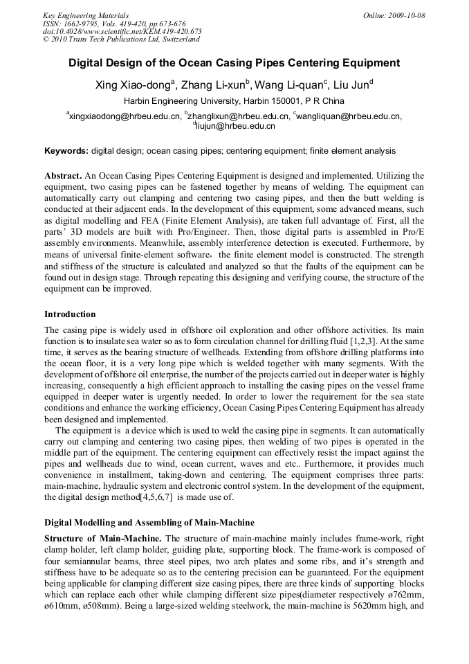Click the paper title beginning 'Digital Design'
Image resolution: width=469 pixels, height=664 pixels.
coord(234,63)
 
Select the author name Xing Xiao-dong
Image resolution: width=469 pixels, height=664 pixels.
coord(131,86)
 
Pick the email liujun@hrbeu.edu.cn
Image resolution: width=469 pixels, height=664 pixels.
coord(235,126)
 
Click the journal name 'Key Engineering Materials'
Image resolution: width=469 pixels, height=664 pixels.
coord(86,15)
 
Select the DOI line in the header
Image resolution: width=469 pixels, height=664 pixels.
coord(122,31)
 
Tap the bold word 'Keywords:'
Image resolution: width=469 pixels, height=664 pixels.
coord(66,150)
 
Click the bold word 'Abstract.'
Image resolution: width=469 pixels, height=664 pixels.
coord(64,176)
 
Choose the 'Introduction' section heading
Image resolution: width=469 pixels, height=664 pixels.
coord(70,314)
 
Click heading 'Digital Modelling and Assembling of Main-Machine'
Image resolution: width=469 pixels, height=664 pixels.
coord(149,522)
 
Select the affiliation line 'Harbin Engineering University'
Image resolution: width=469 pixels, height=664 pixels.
coord(234,101)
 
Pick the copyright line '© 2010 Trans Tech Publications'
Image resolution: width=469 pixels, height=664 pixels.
coord(121,39)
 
